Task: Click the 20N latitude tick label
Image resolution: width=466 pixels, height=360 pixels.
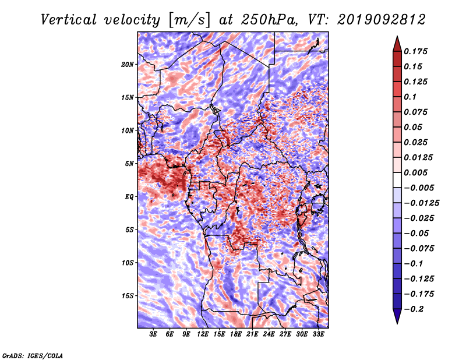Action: (127, 65)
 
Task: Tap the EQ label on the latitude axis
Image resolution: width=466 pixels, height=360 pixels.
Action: (129, 197)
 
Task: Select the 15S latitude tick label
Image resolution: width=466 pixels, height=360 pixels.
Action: (127, 296)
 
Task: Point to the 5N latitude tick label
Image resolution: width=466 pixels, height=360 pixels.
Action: (129, 164)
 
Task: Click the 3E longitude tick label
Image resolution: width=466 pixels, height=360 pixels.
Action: (153, 334)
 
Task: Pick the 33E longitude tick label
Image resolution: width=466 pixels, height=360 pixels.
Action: (318, 334)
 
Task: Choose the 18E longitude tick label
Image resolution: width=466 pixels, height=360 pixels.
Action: (236, 334)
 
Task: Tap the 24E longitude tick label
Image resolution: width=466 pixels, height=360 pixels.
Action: (269, 334)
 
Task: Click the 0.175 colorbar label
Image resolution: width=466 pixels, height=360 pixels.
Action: (415, 51)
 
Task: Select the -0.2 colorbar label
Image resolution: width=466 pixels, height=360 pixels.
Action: (414, 309)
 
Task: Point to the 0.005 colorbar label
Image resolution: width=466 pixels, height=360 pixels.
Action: (415, 172)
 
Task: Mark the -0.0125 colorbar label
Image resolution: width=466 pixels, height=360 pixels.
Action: (421, 203)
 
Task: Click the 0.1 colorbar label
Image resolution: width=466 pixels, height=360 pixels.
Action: (410, 97)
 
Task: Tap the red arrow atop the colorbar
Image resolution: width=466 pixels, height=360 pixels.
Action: (397, 44)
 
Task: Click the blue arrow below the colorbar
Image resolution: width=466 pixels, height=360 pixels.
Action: (397, 316)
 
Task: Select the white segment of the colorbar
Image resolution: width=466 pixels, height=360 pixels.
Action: (397, 180)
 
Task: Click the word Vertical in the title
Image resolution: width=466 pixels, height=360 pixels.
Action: (69, 20)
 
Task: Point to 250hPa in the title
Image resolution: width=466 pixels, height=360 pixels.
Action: (269, 20)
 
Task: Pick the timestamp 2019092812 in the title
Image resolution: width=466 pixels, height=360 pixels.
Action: (382, 20)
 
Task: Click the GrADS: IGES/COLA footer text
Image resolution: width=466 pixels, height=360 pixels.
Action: (33, 355)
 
